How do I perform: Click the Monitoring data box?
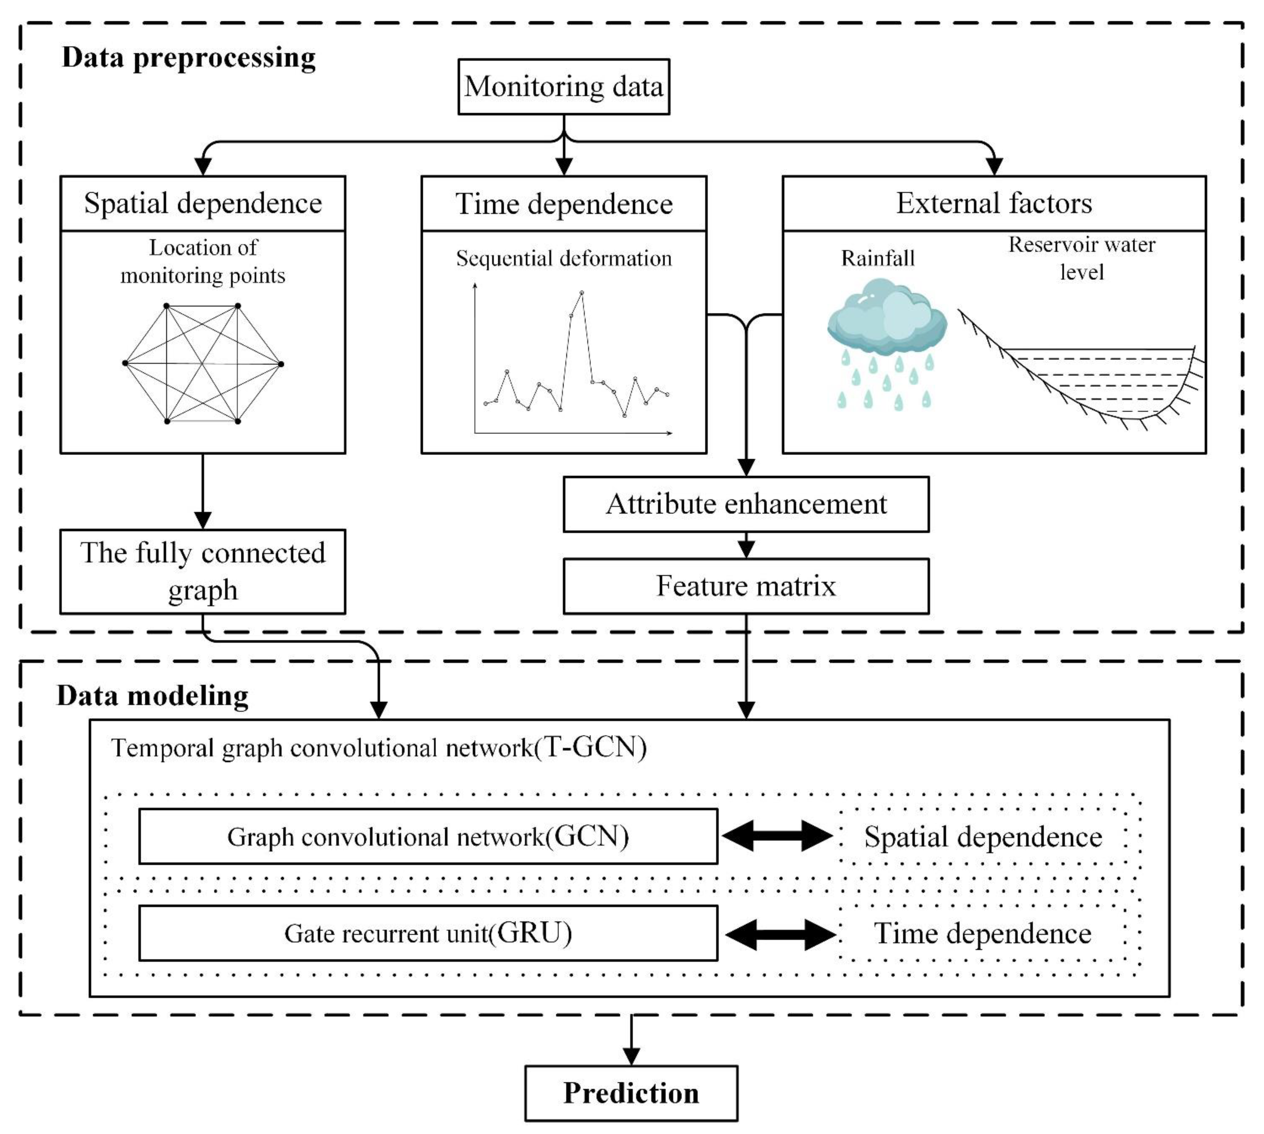pyautogui.click(x=563, y=87)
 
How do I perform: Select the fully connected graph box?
pyautogui.click(x=203, y=571)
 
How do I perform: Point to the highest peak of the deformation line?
pyautogui.click(x=581, y=292)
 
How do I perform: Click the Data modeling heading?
pyautogui.click(x=153, y=695)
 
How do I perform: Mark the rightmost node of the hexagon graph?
pyautogui.click(x=281, y=364)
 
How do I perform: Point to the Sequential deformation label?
pyautogui.click(x=563, y=258)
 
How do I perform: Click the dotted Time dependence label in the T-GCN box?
pyautogui.click(x=982, y=933)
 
